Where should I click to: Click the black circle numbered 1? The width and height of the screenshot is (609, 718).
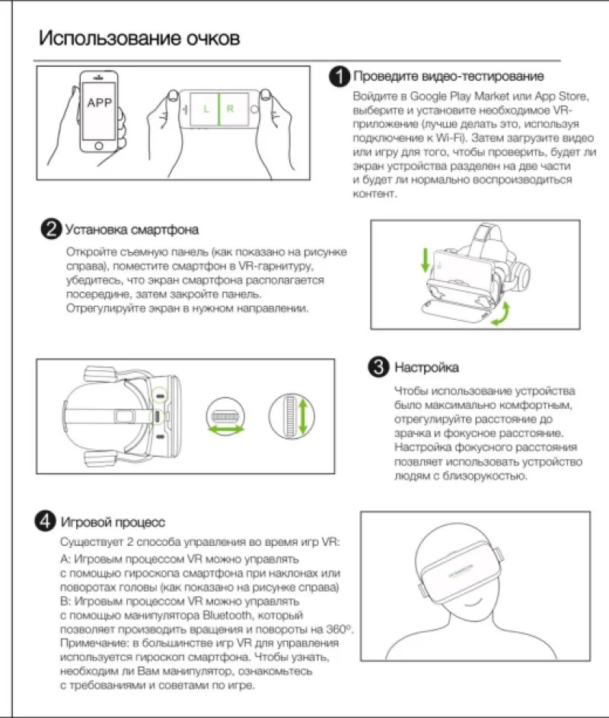point(340,76)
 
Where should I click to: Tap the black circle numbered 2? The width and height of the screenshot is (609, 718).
point(51,228)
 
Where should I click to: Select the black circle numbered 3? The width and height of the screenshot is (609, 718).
point(378,367)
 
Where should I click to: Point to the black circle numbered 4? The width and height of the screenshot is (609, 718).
point(46,521)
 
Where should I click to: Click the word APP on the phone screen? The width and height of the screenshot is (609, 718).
point(100,103)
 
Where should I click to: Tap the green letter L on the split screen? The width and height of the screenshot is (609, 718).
point(206,109)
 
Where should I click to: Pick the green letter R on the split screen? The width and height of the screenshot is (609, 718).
point(231,109)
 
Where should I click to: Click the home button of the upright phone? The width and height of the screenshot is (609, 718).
point(99,146)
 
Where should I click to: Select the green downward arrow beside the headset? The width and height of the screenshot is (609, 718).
point(426,260)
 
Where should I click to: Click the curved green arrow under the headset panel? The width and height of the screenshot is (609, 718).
point(502,314)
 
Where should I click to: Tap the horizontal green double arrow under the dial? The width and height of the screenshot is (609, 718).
point(226,429)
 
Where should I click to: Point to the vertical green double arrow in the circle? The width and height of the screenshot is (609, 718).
point(303,416)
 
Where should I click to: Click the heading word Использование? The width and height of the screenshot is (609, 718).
point(110,39)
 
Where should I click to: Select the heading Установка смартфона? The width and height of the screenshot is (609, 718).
point(132,229)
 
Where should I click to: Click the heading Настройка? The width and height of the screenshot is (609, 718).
point(427,368)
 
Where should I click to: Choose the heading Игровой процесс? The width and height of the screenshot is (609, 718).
point(113,522)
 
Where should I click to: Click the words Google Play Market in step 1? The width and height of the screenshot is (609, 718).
point(459,97)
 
